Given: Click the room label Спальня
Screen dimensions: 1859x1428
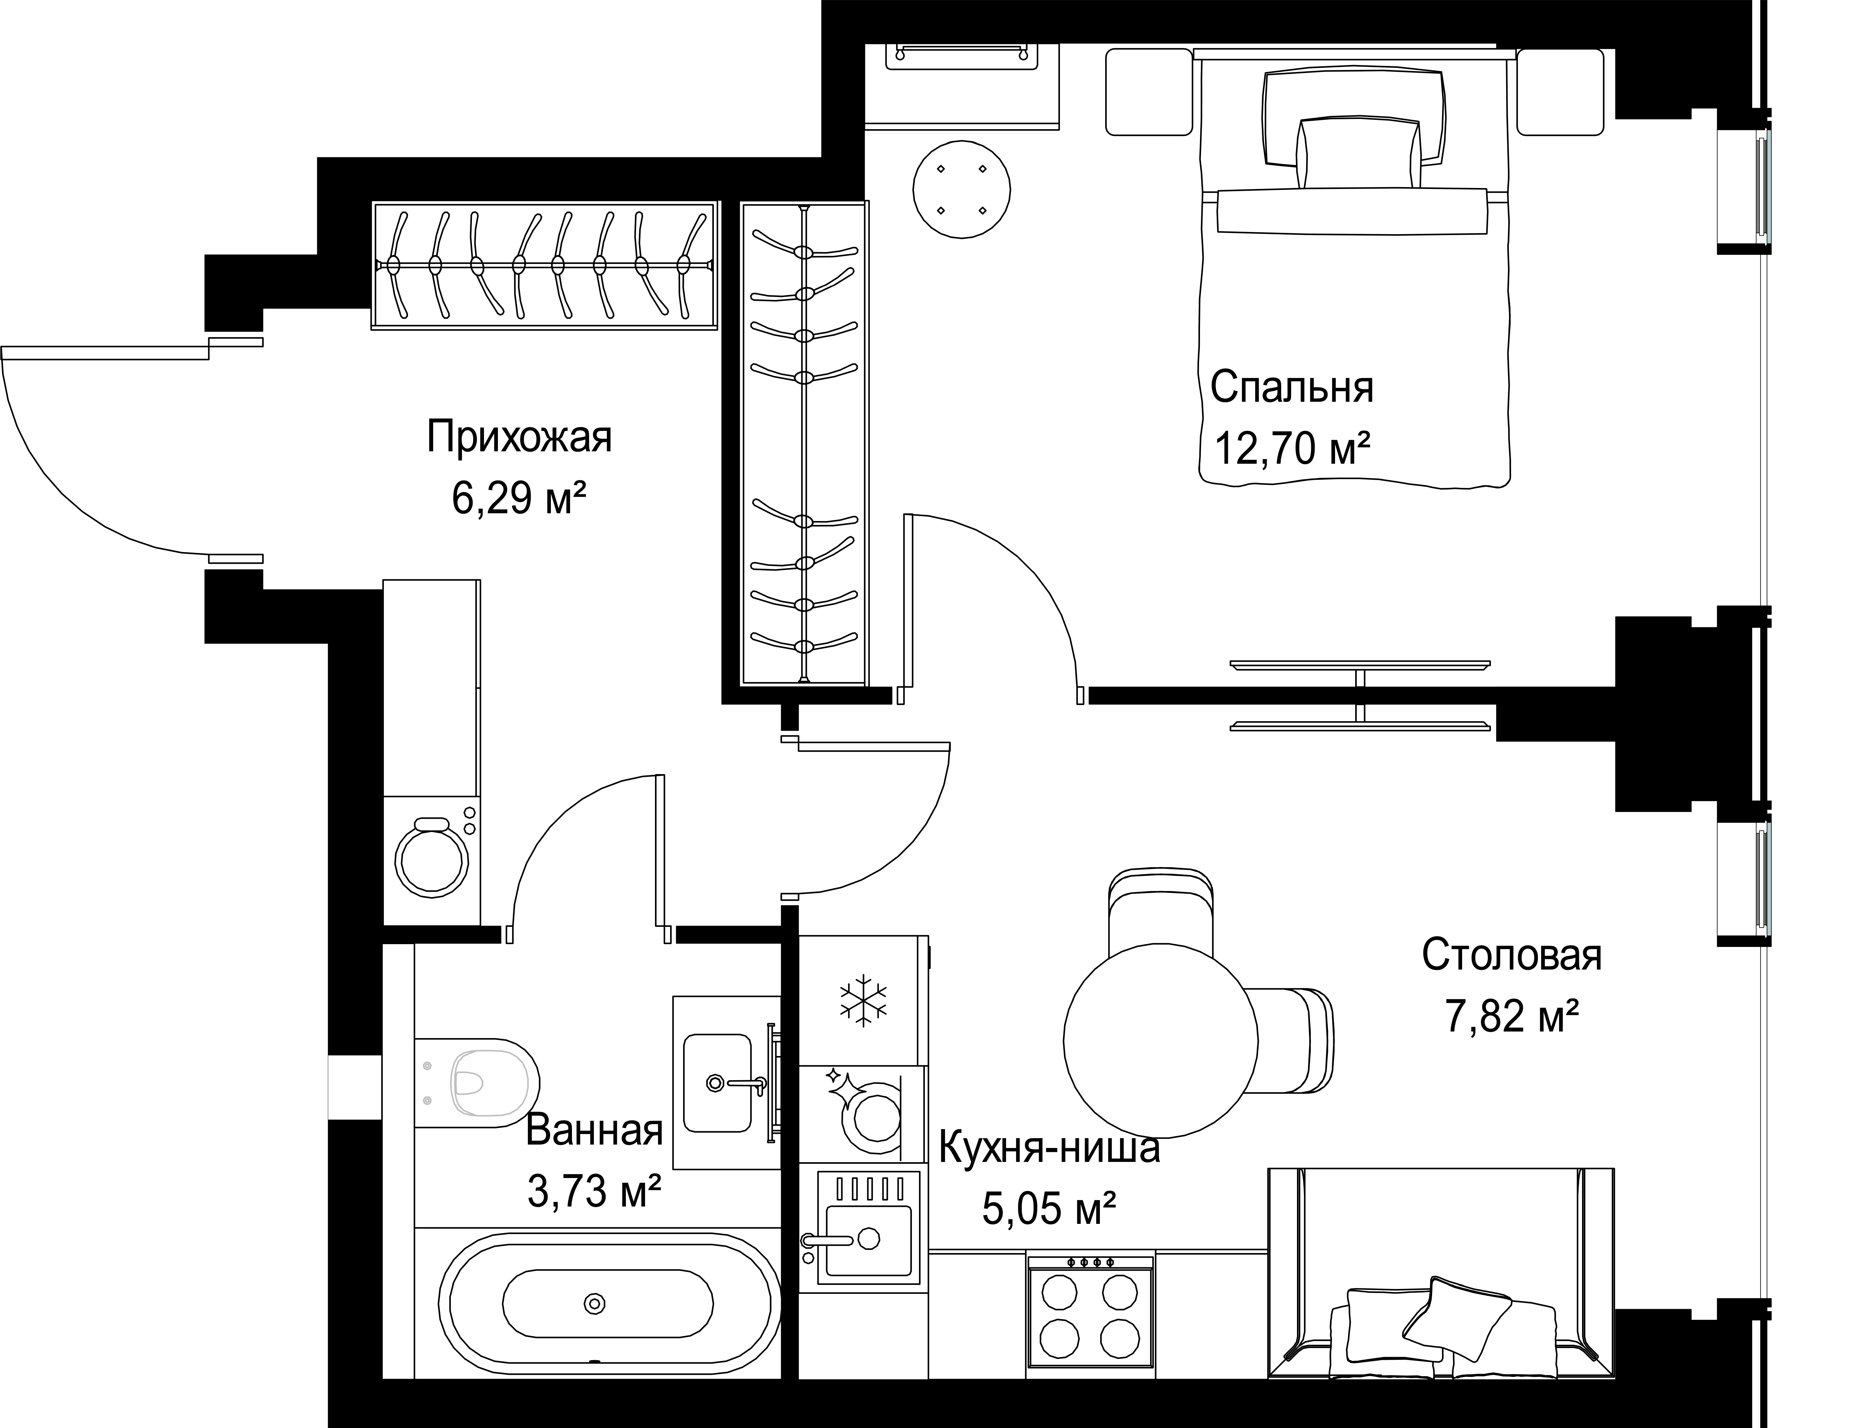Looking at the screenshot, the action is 1291,388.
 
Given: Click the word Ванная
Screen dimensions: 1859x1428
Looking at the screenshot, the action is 594,1131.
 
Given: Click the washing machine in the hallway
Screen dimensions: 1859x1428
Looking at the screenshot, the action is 432,859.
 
